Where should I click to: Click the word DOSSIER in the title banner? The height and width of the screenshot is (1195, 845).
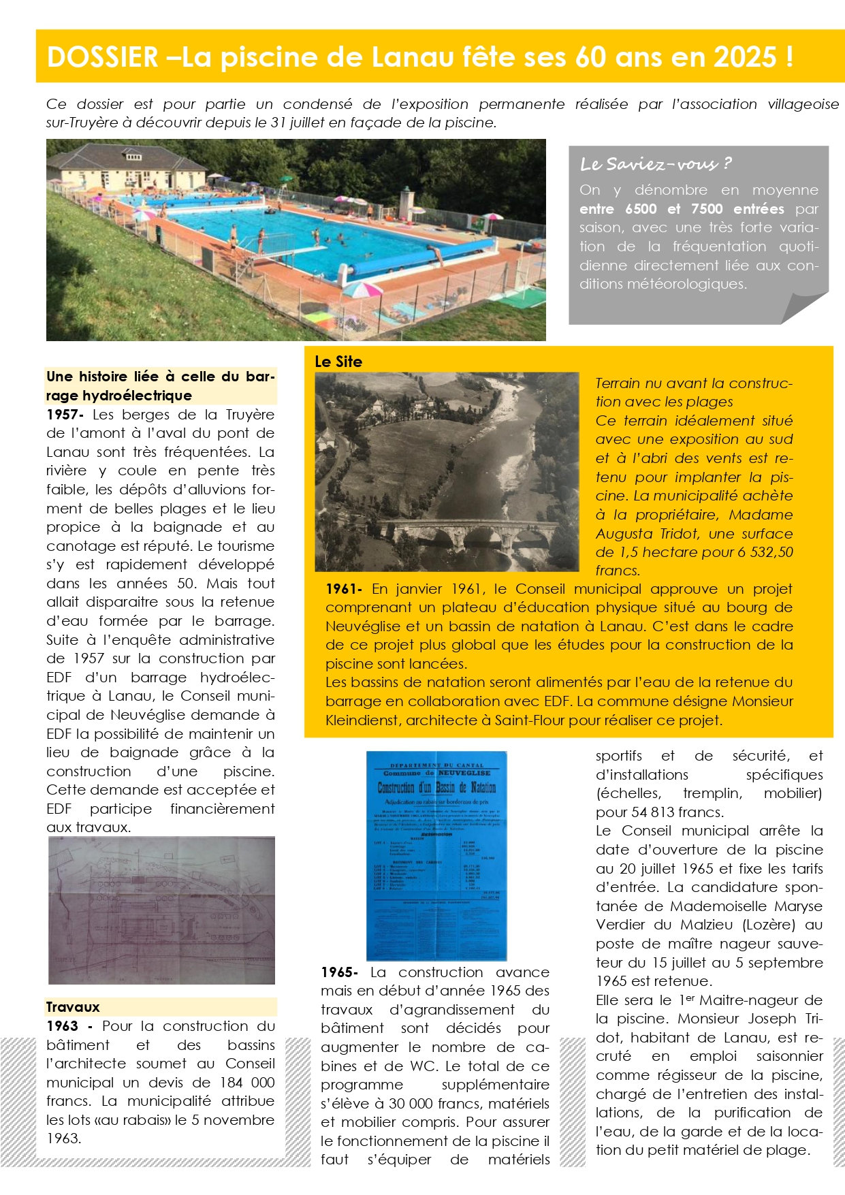click(103, 57)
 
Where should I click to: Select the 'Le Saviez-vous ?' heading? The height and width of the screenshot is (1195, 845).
click(655, 164)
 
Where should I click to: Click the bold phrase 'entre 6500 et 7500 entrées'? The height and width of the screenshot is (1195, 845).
click(682, 209)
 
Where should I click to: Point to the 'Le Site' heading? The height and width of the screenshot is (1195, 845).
click(338, 362)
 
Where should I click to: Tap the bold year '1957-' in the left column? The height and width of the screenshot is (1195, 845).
click(65, 415)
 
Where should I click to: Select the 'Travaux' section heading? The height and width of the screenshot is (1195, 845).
click(73, 1007)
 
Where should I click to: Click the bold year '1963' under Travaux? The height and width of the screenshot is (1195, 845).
click(63, 1026)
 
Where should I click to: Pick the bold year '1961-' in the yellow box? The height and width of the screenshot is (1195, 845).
click(344, 589)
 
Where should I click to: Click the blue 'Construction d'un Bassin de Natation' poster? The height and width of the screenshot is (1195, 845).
click(436, 855)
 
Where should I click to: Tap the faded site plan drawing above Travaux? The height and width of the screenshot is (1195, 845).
click(162, 910)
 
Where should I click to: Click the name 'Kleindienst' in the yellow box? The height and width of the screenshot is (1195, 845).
click(362, 720)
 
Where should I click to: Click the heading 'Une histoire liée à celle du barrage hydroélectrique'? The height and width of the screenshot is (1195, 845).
click(161, 386)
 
